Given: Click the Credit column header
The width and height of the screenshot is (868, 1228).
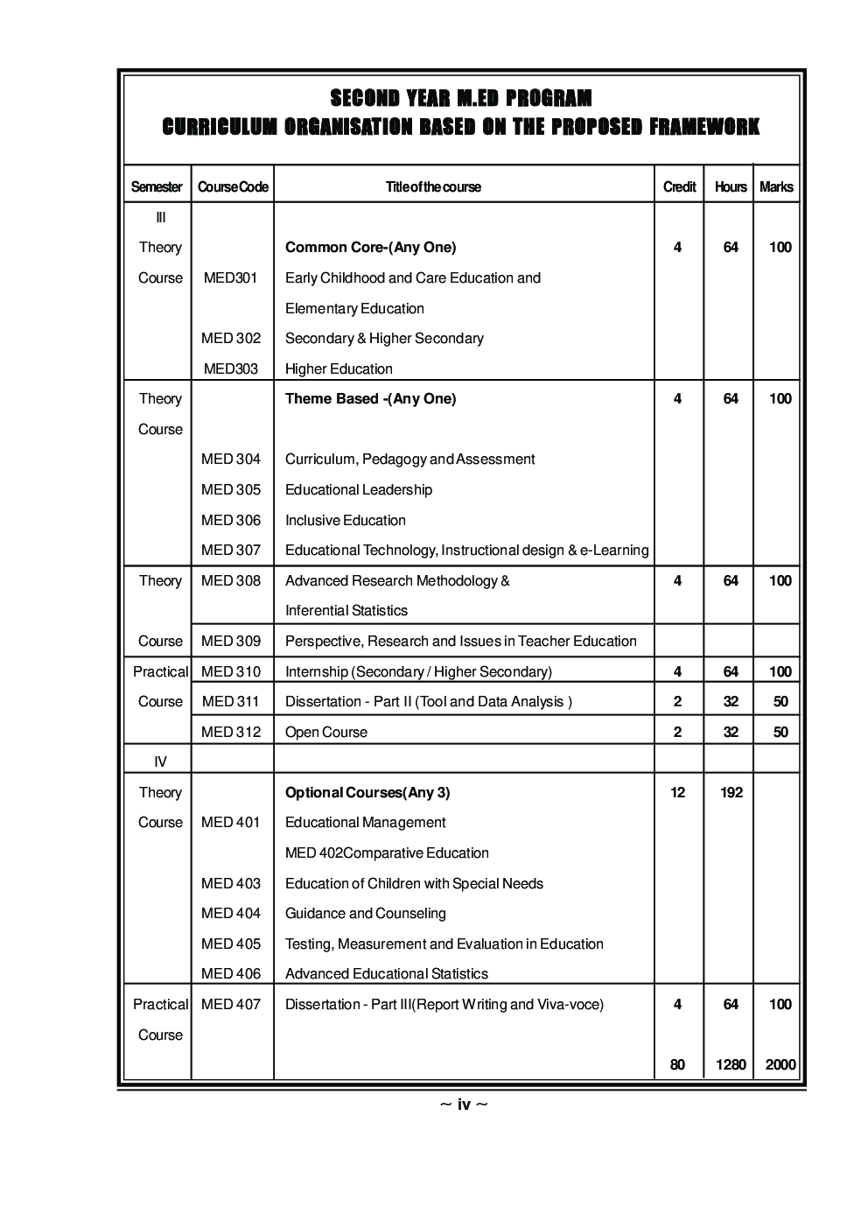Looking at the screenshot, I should (679, 186).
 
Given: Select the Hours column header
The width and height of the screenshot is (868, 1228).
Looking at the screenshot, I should (731, 186).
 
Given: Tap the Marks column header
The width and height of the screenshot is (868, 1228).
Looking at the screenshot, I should (776, 186).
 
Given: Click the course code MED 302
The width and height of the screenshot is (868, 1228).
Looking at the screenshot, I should (231, 338).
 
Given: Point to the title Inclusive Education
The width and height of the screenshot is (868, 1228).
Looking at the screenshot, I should (345, 520).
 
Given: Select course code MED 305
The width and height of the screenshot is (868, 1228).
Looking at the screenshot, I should (231, 489).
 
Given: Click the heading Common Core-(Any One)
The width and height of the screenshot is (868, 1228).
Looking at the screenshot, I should (370, 247).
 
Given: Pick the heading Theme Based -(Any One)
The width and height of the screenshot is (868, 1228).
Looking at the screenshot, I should (370, 398).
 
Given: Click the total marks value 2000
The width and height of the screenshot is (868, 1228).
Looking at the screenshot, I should (780, 1064).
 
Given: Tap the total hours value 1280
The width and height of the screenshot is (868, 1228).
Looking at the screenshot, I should (731, 1064).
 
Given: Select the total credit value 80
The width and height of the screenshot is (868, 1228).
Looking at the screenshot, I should (677, 1064).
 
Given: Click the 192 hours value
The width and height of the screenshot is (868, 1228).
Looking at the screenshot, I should (731, 792).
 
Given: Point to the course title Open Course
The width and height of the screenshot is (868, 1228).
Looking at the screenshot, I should (325, 732).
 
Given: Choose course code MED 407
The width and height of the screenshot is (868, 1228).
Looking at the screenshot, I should (231, 1004).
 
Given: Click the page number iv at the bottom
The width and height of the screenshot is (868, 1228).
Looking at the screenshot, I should (464, 1105).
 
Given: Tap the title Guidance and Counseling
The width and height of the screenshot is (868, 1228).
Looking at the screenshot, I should (365, 913).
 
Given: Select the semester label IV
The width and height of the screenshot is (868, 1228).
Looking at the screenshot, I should (160, 761).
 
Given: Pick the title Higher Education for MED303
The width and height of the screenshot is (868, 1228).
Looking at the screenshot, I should (339, 368).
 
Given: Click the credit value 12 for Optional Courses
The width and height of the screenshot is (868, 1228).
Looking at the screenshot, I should (677, 792).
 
